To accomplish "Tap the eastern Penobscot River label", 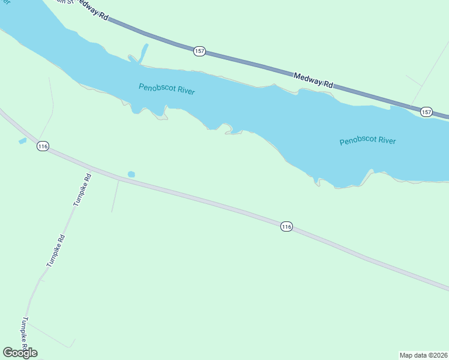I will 367,141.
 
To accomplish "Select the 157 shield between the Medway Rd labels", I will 200,52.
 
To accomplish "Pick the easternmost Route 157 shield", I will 426,112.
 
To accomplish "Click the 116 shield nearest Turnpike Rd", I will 42,146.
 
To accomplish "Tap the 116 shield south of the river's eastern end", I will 286,226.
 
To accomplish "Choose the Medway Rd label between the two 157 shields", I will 313,80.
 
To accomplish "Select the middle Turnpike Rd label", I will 55,251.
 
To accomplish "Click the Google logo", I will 20,353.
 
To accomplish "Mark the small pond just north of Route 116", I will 131,175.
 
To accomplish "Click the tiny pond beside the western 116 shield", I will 23,141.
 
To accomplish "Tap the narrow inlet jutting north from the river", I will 143,53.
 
